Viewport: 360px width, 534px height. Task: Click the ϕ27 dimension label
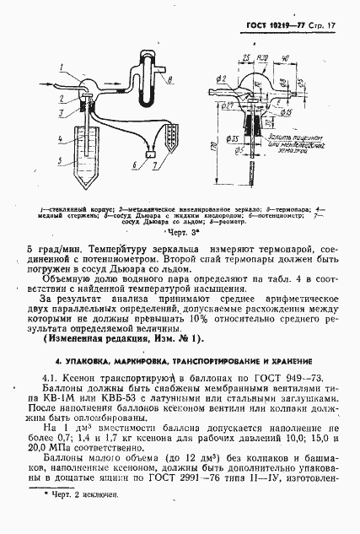(x=228, y=105)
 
